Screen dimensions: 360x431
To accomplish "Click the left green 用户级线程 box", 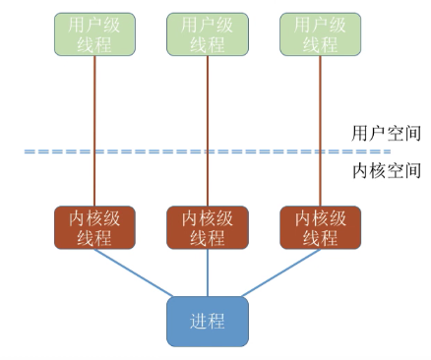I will click(95, 34).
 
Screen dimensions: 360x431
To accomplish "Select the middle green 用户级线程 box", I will click(207, 34).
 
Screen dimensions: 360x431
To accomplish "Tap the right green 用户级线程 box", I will click(321, 34).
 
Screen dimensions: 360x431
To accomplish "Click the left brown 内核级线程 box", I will click(95, 227).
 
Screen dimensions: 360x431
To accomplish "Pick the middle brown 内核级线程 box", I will click(207, 227).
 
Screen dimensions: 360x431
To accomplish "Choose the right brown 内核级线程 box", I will click(321, 227).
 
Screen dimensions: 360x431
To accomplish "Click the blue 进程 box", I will click(207, 321).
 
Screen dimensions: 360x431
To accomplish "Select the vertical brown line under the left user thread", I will click(95, 118).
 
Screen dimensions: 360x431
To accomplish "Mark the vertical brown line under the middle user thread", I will click(207, 118).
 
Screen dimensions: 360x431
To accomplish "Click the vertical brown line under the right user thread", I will click(321, 118).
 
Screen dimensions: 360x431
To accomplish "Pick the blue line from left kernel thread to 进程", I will click(133, 272).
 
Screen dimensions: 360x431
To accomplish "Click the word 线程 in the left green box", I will click(95, 44).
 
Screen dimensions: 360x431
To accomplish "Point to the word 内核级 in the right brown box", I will click(321, 218).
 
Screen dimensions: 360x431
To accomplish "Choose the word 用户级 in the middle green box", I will click(207, 25).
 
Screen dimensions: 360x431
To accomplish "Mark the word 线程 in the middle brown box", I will click(207, 237).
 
